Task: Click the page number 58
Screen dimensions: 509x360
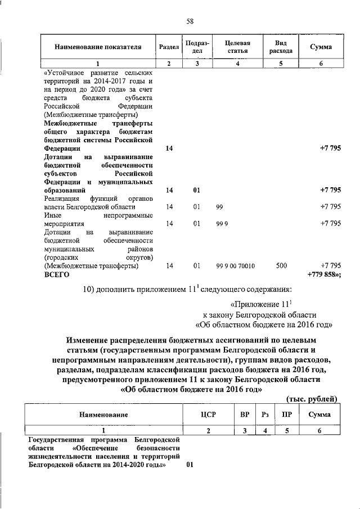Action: click(x=190, y=21)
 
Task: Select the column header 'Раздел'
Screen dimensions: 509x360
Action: click(x=169, y=47)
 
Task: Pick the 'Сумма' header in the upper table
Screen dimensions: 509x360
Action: click(x=321, y=47)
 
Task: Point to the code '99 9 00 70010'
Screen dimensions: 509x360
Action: click(x=235, y=265)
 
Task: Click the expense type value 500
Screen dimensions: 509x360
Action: click(x=281, y=265)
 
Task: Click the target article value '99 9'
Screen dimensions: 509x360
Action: click(x=222, y=224)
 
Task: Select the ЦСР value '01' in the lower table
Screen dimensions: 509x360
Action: click(x=190, y=466)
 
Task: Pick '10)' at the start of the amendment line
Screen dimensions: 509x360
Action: click(x=89, y=290)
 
